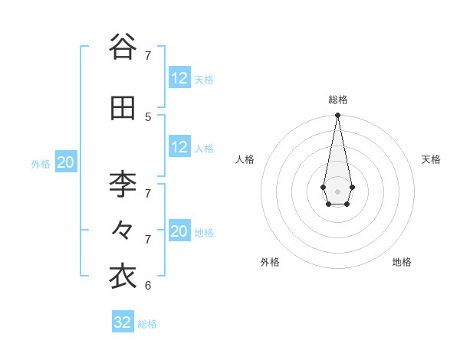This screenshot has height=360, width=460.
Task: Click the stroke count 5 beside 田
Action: [148, 116]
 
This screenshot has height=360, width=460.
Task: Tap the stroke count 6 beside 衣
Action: [148, 286]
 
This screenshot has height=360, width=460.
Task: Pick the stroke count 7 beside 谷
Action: [148, 55]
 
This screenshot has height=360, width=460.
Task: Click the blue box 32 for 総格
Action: [123, 322]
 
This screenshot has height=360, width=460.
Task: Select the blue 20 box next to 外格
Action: [66, 162]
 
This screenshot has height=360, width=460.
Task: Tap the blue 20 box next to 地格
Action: [179, 231]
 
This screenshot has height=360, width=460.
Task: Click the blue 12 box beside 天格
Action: [179, 78]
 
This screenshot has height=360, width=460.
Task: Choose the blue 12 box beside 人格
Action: [179, 147]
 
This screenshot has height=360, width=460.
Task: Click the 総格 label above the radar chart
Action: [338, 100]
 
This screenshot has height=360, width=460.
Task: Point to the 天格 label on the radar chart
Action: [431, 159]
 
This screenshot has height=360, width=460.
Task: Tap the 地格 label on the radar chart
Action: [402, 262]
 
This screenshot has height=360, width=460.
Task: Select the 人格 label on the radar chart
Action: [245, 159]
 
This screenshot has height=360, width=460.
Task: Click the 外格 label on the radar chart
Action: [270, 262]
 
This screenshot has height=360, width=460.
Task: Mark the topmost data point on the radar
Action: [337, 116]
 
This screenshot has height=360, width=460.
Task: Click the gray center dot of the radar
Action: [337, 191]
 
